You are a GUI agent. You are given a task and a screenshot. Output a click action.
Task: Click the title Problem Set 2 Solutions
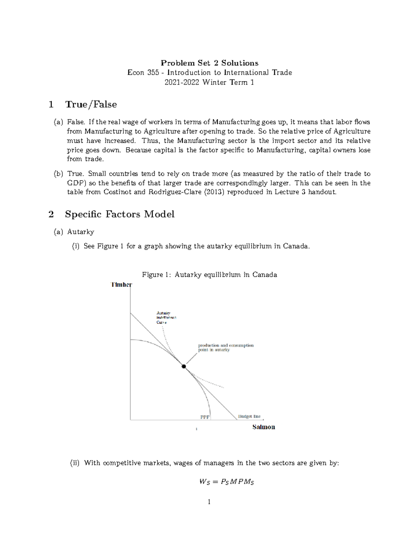(x=209, y=63)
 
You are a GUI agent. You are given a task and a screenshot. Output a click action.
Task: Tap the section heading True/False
(x=91, y=104)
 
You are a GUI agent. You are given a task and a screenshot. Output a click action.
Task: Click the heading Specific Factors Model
(x=119, y=214)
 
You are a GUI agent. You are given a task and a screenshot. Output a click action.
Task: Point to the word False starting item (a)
(x=75, y=122)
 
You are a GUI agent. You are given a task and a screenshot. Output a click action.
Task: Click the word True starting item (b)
(x=75, y=174)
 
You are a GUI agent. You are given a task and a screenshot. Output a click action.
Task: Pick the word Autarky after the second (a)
(x=81, y=232)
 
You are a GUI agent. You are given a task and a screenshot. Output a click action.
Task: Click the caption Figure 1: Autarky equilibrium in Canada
(x=209, y=275)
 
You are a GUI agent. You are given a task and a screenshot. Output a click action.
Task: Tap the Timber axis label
(x=121, y=285)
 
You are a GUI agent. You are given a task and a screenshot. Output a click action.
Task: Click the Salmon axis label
(x=264, y=427)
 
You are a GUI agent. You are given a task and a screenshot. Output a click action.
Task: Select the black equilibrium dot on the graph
(x=184, y=366)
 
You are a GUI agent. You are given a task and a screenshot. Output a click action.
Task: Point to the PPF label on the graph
(x=205, y=417)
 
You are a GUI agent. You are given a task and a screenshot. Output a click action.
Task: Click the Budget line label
(x=249, y=416)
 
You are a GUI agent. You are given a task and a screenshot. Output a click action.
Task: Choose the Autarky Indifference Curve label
(x=166, y=318)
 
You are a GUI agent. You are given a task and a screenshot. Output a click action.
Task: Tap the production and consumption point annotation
(x=226, y=347)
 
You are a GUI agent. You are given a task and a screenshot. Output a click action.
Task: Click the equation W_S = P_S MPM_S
(x=227, y=482)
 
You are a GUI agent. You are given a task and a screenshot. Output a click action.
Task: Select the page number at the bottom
(x=209, y=502)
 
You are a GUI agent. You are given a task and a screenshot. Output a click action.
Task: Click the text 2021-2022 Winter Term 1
(x=209, y=82)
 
